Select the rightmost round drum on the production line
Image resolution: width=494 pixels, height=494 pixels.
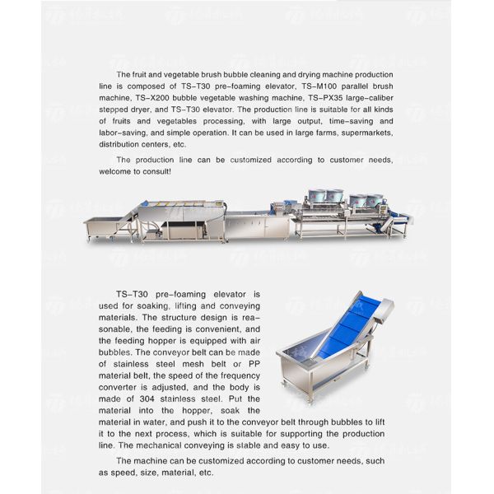[x=376, y=200]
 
